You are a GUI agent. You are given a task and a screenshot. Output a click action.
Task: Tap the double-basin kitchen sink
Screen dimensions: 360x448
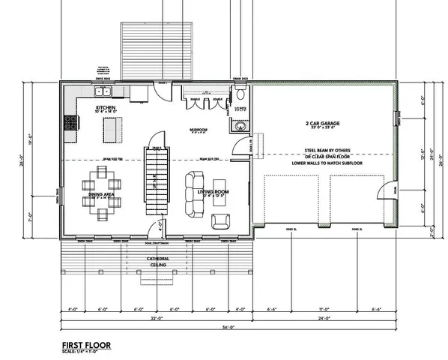(x=104, y=92)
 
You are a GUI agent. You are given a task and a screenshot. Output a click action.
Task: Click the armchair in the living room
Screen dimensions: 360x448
(x=221, y=220)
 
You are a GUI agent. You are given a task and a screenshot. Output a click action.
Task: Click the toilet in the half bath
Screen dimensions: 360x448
(x=240, y=97)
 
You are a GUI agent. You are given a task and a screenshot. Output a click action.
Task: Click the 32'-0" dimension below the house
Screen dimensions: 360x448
(x=153, y=317)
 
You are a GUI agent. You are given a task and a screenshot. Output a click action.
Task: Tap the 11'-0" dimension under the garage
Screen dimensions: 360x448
(x=324, y=308)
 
